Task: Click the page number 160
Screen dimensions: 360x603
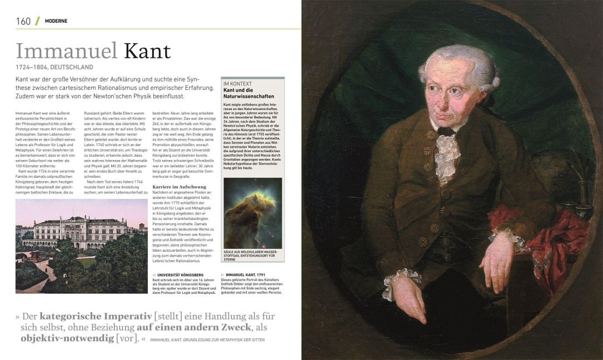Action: coord(23,21)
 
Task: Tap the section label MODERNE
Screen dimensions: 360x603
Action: coord(56,21)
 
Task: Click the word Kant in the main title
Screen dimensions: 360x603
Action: coord(147,51)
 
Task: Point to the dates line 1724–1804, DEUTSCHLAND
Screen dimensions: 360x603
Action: coord(54,68)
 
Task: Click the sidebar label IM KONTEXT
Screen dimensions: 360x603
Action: coord(236,83)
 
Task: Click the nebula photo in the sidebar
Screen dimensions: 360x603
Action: coord(252,213)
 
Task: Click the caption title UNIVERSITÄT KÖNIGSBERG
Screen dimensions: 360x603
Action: coord(180,275)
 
